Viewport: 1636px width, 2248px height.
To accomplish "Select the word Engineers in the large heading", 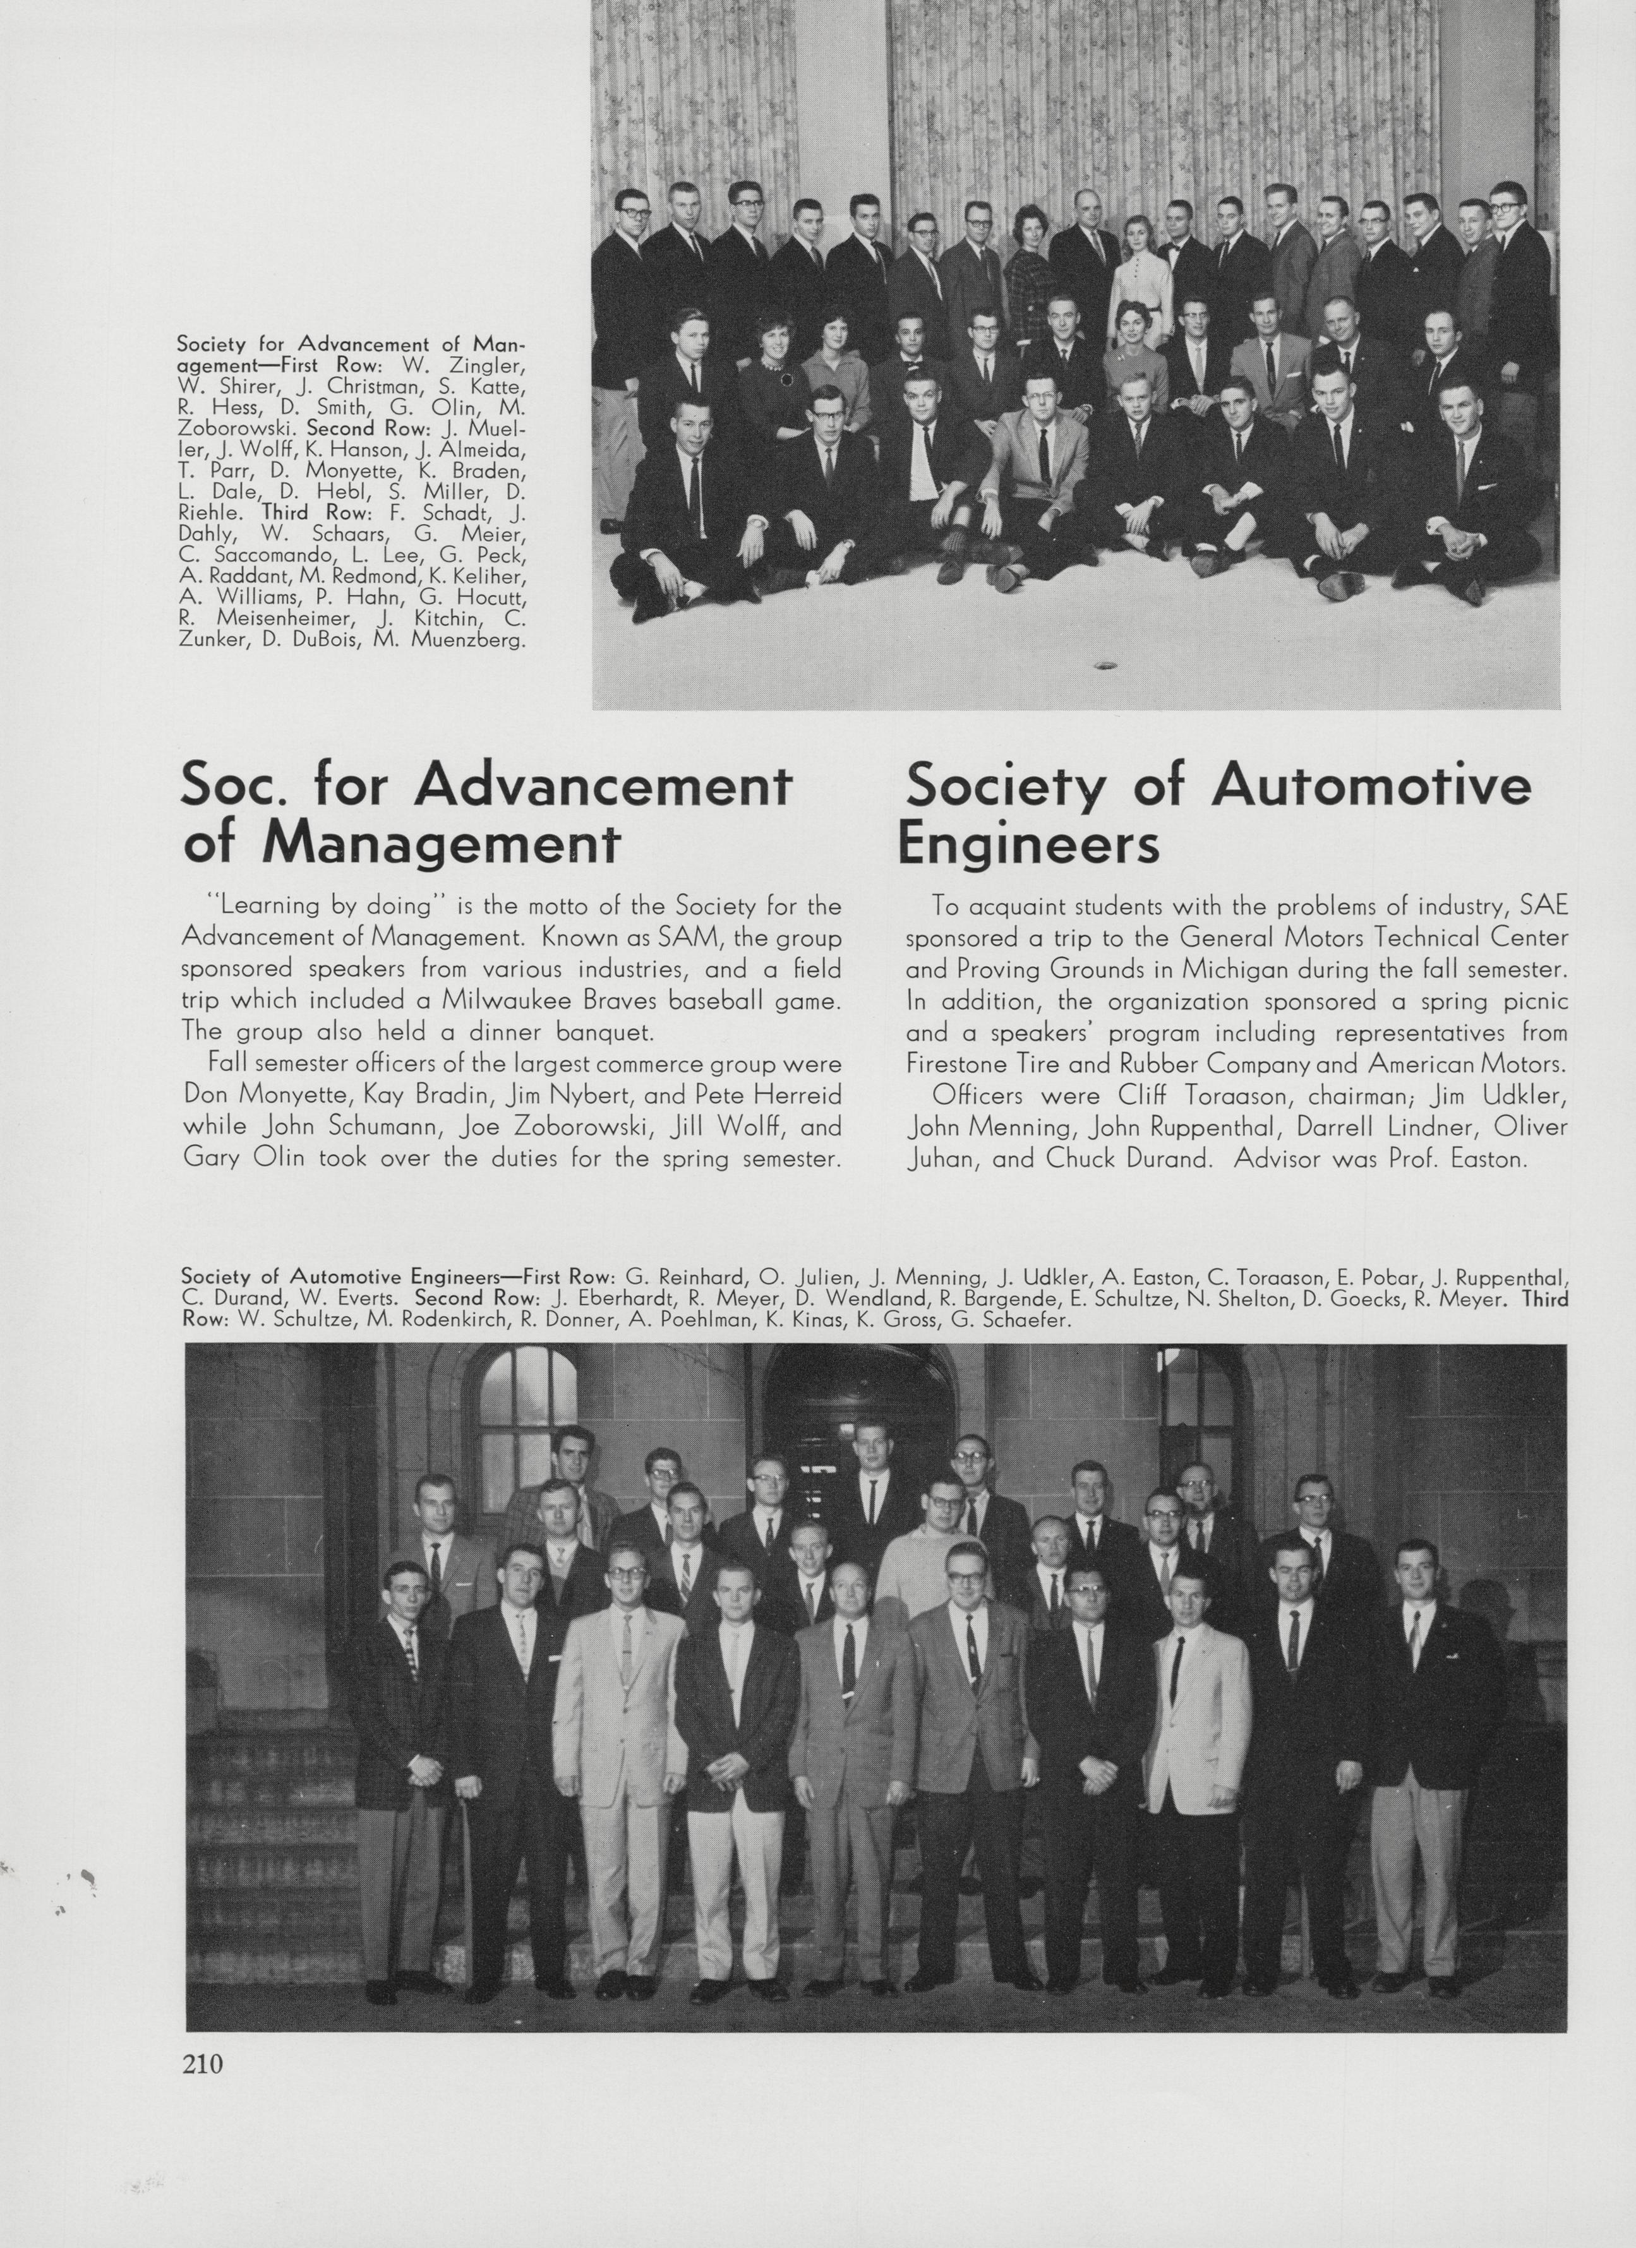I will (x=1028, y=846).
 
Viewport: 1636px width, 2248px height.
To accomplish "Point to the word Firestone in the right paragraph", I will (x=966, y=1063).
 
